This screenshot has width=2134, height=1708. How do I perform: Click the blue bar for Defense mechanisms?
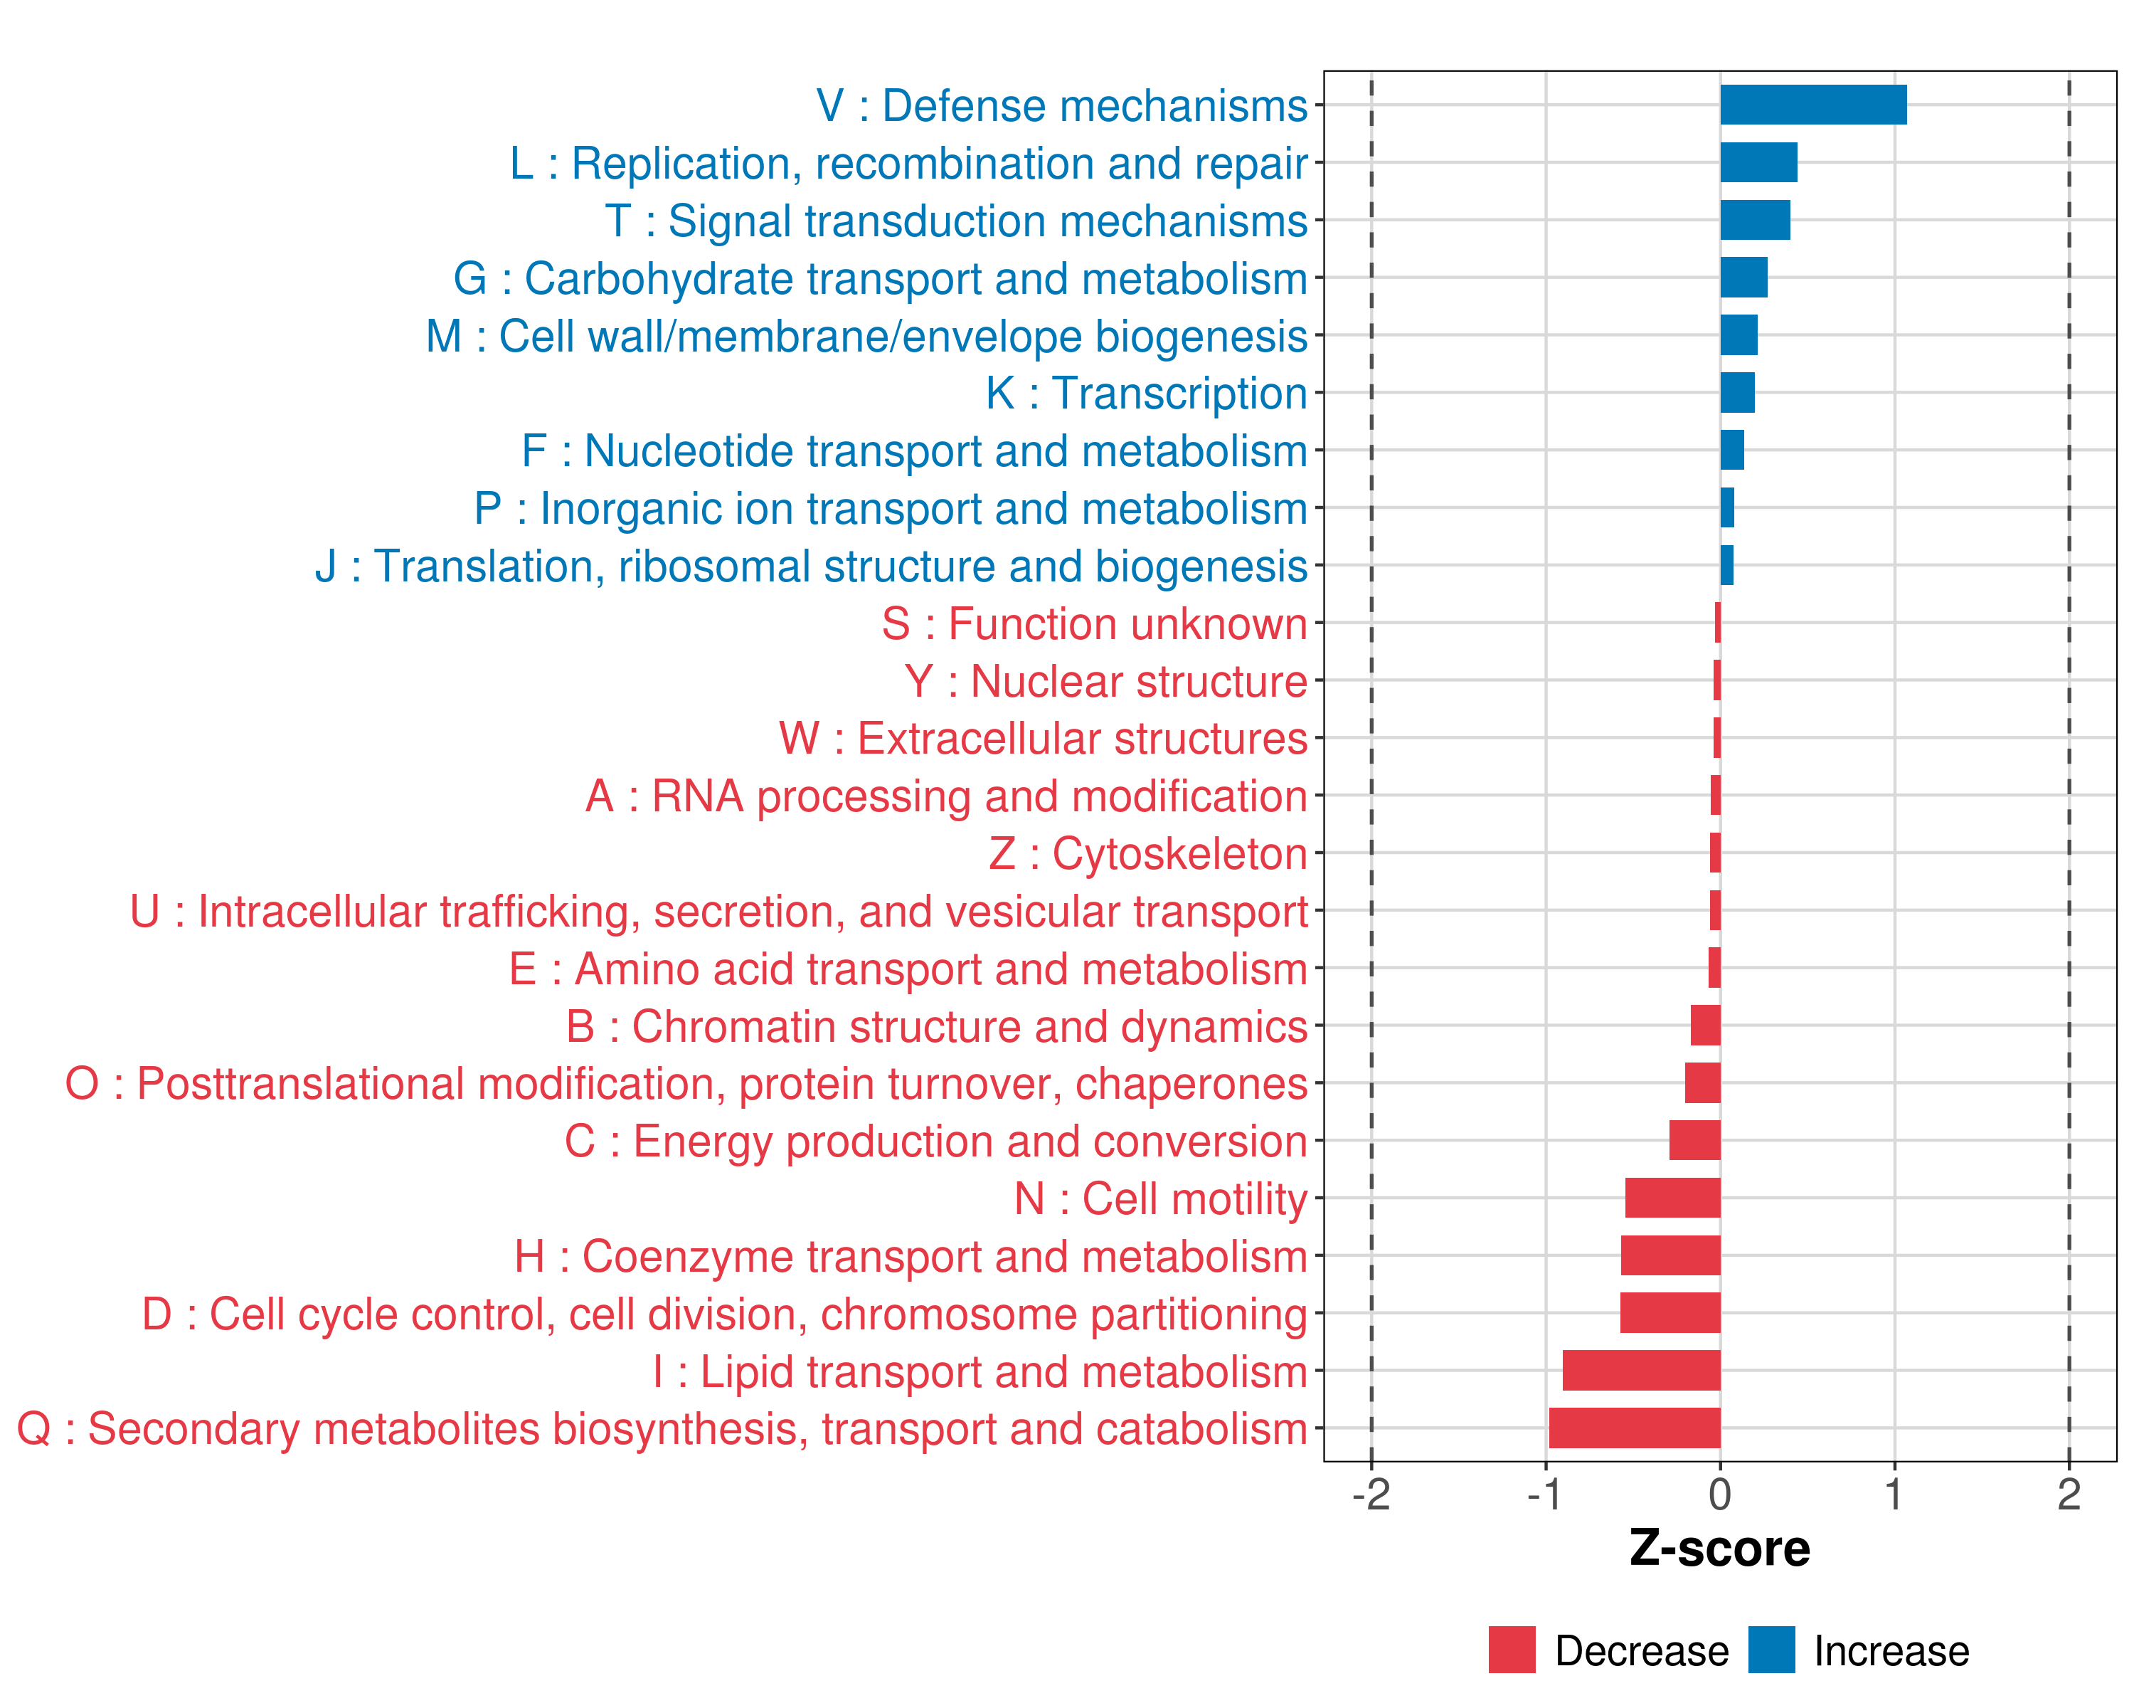(1812, 105)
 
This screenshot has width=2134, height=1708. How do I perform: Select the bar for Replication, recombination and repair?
(1758, 162)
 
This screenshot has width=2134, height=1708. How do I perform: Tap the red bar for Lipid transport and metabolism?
(1641, 1371)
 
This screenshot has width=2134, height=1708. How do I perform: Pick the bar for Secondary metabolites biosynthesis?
(1634, 1428)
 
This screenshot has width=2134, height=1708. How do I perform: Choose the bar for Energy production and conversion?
(1694, 1141)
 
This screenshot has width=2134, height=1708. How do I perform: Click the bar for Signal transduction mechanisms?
(1755, 220)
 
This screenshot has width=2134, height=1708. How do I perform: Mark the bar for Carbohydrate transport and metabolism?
(1743, 278)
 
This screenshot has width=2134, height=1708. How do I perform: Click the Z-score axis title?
(1719, 1549)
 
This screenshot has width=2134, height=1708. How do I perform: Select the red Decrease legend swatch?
(1512, 1650)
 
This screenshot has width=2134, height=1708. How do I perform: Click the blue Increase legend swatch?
(1771, 1650)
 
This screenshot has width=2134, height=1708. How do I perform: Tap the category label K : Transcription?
(1146, 393)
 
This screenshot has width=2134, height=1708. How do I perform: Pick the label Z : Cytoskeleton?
(1148, 853)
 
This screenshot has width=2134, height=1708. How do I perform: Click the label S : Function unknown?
(1095, 624)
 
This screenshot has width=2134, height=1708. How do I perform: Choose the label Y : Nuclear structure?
(1105, 681)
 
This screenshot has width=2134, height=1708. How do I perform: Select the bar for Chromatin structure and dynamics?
(1705, 1026)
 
